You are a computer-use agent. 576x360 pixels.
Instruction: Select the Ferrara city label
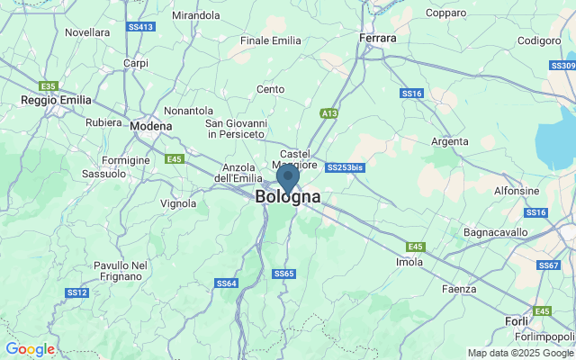coord(378,39)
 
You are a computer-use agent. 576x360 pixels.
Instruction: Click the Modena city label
coord(150,127)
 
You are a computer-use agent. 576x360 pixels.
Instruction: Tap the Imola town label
coord(409,262)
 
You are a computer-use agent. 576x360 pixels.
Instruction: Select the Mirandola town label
coord(195,15)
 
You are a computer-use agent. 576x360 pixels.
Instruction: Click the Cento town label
coord(270,89)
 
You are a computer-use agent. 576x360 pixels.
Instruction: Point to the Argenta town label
coord(450,141)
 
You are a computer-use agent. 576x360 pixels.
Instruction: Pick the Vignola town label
coord(178,203)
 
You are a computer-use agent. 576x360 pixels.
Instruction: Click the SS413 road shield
coord(142,27)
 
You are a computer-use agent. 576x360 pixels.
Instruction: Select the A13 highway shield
coord(328,113)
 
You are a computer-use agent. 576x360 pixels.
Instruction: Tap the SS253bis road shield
coord(346,167)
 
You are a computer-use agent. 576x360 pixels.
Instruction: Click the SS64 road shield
coord(227,283)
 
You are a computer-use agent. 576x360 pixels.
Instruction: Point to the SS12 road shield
coord(76,292)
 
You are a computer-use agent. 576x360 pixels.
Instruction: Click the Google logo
coord(30,349)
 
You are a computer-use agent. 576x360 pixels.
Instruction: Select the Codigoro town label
coord(539,40)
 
